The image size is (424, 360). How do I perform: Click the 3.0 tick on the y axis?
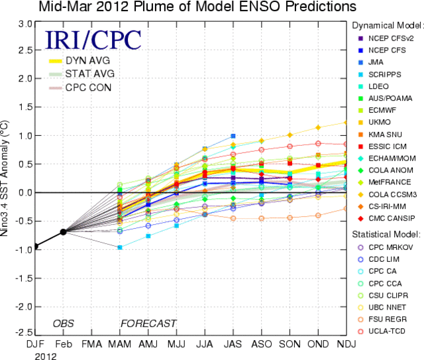tap(25, 23)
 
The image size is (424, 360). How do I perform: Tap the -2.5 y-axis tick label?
tap(24, 331)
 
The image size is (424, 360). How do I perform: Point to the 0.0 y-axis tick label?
tap(25, 193)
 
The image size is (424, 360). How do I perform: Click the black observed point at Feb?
tap(63, 231)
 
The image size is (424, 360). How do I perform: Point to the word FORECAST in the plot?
tap(148, 324)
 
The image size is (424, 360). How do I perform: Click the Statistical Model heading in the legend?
tap(386, 234)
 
